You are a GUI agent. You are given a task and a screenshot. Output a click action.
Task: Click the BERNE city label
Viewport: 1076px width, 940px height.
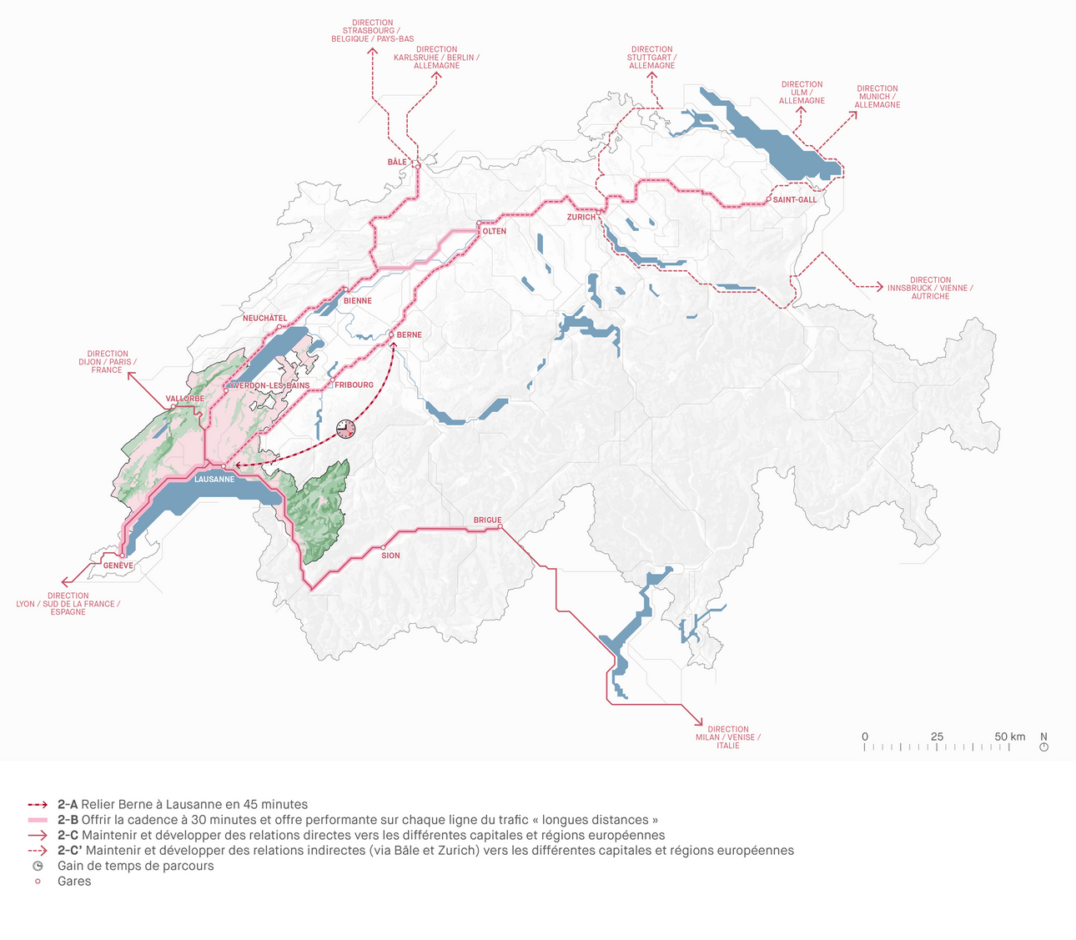click(x=409, y=335)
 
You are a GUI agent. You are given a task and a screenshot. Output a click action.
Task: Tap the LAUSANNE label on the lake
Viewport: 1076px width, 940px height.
click(x=214, y=480)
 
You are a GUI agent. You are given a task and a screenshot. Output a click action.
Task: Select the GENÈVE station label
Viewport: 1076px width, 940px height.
click(x=118, y=566)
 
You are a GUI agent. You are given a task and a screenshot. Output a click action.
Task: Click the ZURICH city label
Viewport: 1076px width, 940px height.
click(x=581, y=217)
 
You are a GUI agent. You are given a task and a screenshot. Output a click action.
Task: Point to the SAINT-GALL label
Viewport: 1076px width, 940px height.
click(x=794, y=200)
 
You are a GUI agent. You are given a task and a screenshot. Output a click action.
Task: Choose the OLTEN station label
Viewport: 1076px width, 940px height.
click(x=494, y=231)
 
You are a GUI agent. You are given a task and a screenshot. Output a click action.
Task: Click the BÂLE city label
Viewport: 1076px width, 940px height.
click(x=397, y=162)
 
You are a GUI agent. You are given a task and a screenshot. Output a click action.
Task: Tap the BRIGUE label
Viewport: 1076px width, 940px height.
click(x=487, y=520)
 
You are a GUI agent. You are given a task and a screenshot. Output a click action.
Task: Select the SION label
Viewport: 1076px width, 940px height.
click(x=390, y=555)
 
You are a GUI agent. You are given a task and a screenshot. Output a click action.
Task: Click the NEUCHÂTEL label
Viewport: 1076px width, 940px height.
click(x=264, y=319)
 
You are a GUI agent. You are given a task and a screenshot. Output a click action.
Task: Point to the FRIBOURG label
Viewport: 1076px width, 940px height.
click(x=354, y=385)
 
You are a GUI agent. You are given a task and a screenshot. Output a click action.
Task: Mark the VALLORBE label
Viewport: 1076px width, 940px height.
click(x=184, y=399)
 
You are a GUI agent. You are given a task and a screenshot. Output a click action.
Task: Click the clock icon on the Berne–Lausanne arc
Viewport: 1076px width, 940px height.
click(x=345, y=429)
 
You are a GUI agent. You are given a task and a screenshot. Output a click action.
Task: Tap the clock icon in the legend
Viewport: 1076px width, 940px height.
click(x=38, y=866)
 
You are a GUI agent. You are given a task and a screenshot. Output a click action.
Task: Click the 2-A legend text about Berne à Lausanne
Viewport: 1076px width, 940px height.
click(x=183, y=805)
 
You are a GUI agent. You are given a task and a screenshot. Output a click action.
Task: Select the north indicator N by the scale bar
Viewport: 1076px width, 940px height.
click(x=1043, y=737)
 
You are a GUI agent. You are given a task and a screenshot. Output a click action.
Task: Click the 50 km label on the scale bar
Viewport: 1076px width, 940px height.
click(x=1009, y=736)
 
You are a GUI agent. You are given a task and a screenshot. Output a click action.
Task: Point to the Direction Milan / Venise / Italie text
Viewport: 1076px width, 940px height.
click(x=728, y=737)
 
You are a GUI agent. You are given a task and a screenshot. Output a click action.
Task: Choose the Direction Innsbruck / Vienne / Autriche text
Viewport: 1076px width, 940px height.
click(x=930, y=289)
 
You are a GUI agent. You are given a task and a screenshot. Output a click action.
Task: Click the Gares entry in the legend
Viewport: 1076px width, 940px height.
click(x=74, y=882)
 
